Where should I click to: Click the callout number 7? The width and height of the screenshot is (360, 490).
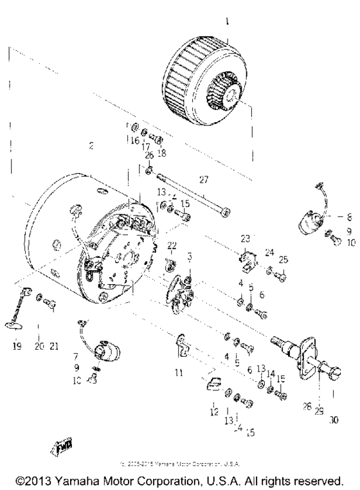click(x=76, y=355)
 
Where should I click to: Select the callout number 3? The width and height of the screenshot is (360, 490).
click(x=189, y=256)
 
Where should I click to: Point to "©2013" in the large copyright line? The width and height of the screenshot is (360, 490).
click(x=35, y=480)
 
